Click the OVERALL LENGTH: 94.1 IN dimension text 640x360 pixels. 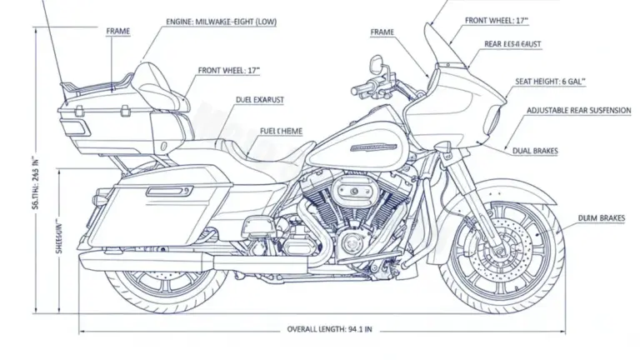coord(329,329)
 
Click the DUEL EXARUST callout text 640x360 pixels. coord(260,100)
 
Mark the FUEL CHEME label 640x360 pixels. coord(282,131)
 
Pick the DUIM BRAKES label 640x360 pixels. coord(602,218)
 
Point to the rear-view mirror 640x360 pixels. coord(377,62)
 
